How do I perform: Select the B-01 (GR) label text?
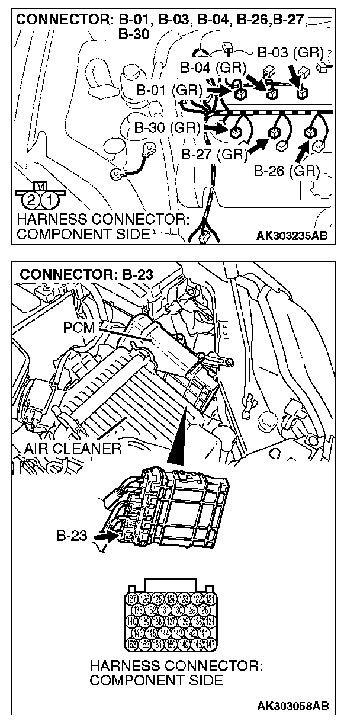click(x=169, y=91)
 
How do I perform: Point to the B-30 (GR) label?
click(x=166, y=127)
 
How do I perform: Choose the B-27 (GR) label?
click(x=214, y=155)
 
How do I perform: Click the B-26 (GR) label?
click(x=287, y=171)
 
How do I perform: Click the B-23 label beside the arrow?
click(x=72, y=537)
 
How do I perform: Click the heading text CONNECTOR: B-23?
click(x=86, y=274)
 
